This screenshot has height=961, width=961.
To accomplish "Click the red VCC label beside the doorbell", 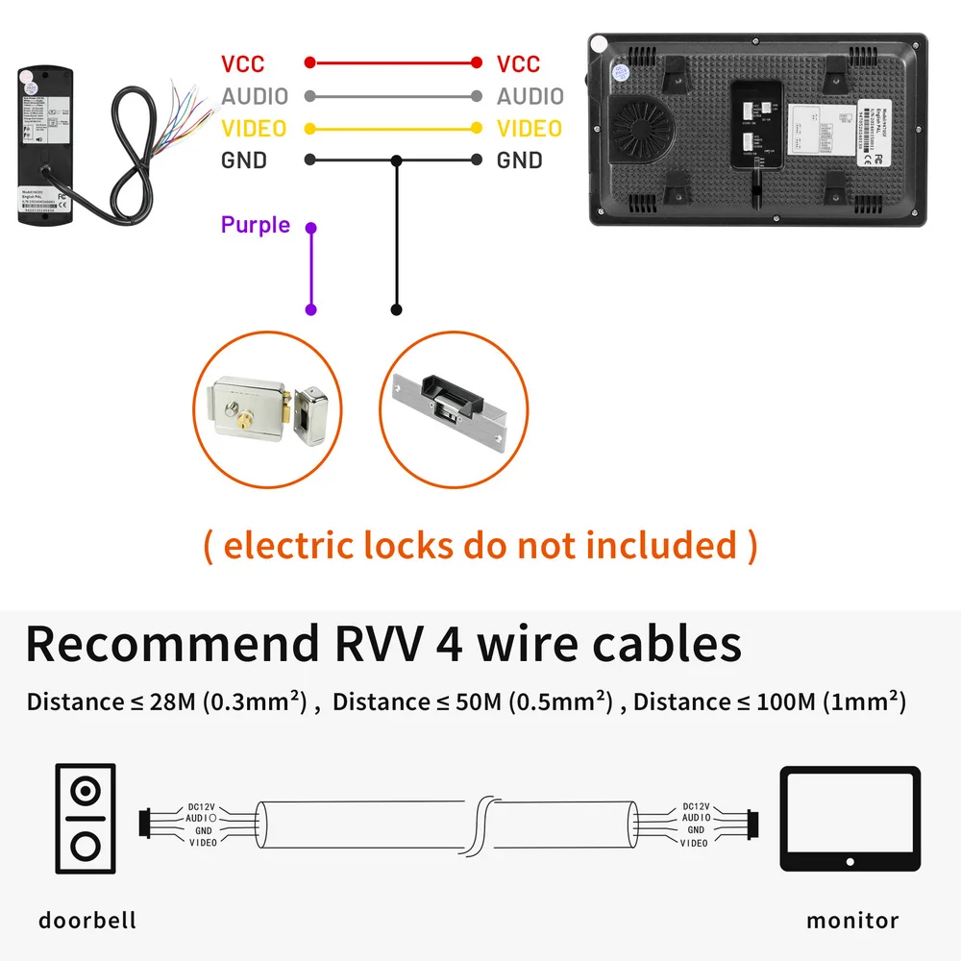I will tap(242, 64).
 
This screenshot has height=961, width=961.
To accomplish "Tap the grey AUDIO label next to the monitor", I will tap(530, 96).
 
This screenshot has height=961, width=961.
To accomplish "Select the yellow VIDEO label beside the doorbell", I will tap(254, 129).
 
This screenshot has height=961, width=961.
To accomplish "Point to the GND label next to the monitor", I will tap(519, 160).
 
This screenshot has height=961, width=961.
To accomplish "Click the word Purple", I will tap(255, 225).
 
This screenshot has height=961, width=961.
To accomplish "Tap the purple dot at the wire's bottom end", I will tap(310, 309).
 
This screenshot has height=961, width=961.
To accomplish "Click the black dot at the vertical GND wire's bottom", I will tap(396, 309).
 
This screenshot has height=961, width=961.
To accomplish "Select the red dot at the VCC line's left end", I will tap(309, 63).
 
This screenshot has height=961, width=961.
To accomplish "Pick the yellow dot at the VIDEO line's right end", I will tap(477, 128).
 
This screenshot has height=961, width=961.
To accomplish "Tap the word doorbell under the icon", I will tap(87, 920).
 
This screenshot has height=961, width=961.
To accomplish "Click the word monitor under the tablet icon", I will tap(852, 920).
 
